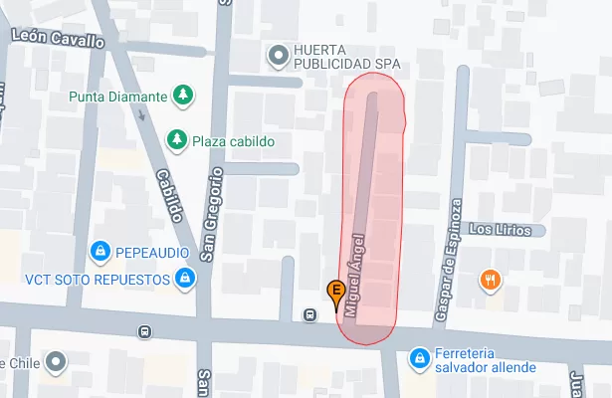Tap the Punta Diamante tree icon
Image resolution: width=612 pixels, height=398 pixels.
[x=182, y=96]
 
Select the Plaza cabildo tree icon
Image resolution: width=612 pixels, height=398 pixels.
[x=177, y=139]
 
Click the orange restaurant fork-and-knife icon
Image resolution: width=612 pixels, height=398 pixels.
[x=490, y=280]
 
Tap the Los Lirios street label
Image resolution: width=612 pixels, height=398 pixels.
[x=507, y=230]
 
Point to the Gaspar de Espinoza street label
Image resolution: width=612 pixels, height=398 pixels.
[x=450, y=260]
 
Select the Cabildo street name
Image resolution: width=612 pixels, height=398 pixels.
[x=170, y=194]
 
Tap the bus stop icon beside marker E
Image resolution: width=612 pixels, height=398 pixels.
[x=310, y=315]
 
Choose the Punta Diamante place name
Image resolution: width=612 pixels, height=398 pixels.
[x=118, y=97]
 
